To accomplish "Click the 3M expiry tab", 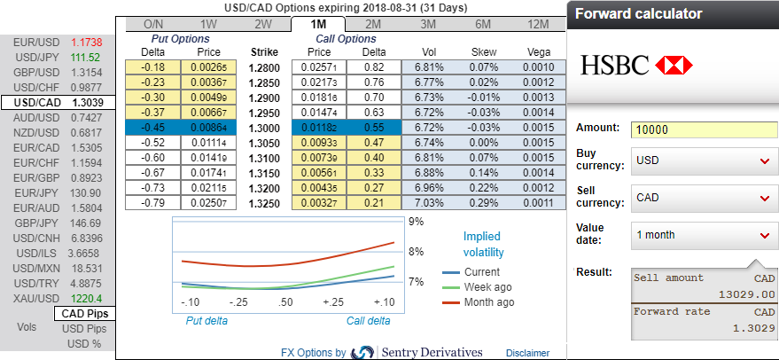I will [428, 24].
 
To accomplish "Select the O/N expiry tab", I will [153, 24].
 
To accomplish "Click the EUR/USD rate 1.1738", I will [87, 43].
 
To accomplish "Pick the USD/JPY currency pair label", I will [38, 58].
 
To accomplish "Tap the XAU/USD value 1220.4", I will [87, 298].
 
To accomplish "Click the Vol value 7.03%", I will [428, 203].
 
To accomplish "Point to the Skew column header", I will [484, 52].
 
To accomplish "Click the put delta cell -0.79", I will [154, 203].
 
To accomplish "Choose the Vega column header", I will [539, 52].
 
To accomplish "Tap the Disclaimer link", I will [527, 352].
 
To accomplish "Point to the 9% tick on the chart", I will [415, 221].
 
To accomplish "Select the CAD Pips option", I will [85, 314].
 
